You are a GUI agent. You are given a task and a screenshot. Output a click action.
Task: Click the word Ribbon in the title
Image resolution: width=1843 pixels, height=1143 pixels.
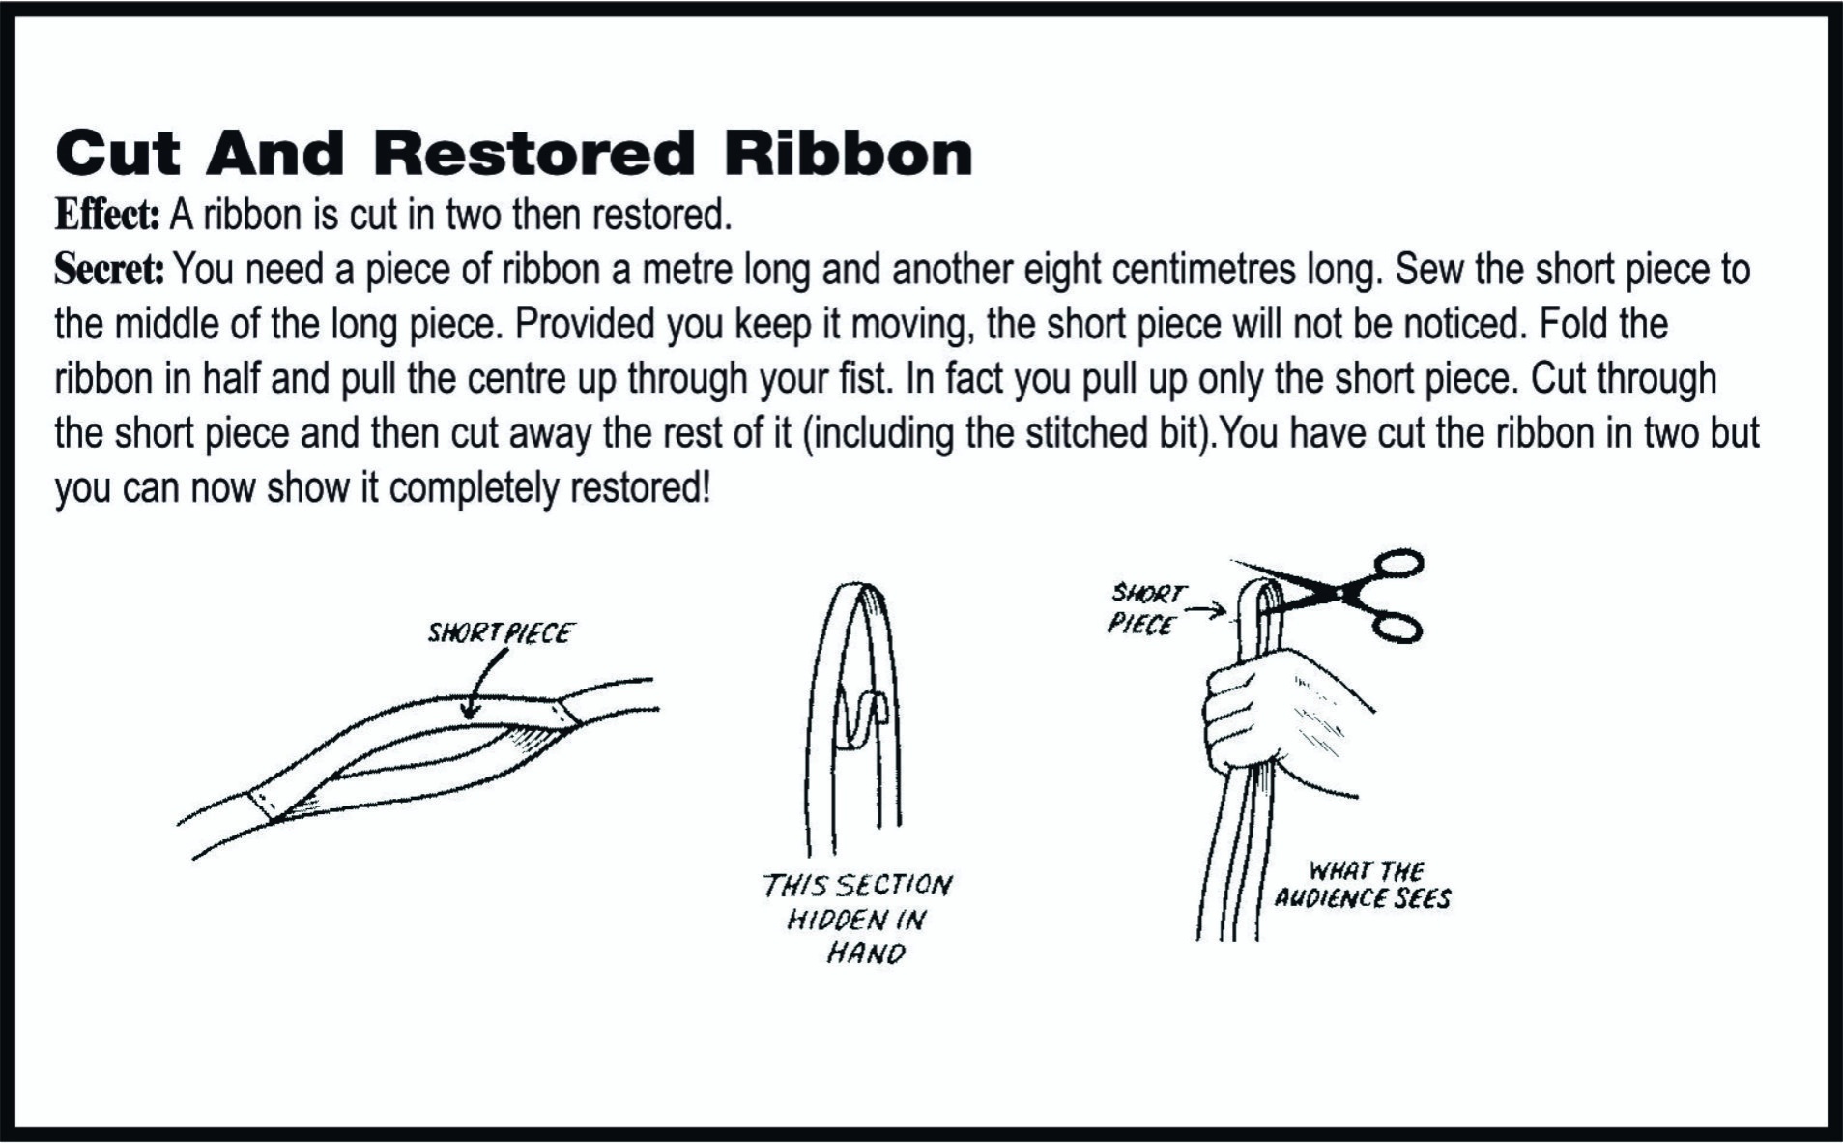tap(849, 153)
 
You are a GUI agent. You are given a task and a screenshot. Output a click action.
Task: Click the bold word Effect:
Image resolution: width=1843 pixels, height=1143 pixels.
tap(106, 214)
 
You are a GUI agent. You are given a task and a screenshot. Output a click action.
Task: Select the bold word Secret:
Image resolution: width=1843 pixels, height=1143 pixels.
tap(109, 269)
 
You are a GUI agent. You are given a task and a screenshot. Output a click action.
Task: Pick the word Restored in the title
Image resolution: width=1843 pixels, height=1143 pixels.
tap(534, 153)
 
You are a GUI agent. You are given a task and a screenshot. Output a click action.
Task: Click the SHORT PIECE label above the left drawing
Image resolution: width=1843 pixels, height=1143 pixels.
tap(501, 632)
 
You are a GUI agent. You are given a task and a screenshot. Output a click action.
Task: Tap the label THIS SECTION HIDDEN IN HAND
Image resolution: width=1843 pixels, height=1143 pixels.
tap(855, 919)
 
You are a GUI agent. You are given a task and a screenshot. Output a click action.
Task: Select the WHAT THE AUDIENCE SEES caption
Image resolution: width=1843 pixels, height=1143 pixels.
tap(1363, 885)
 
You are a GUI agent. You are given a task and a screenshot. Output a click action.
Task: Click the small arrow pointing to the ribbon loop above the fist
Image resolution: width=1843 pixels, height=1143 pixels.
tap(1208, 610)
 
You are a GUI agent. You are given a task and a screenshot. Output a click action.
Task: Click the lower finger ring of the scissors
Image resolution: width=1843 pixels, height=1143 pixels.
tap(1397, 627)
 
